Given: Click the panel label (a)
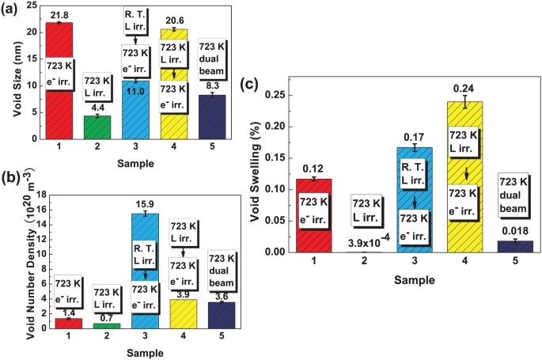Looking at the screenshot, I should (12, 9).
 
